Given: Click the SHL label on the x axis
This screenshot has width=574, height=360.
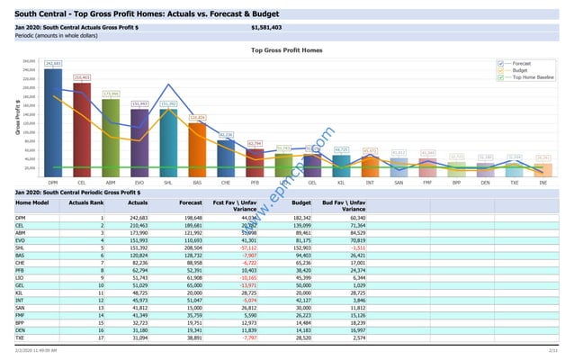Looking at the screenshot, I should click(168, 181).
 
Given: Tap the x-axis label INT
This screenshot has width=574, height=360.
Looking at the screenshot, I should click(370, 181).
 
